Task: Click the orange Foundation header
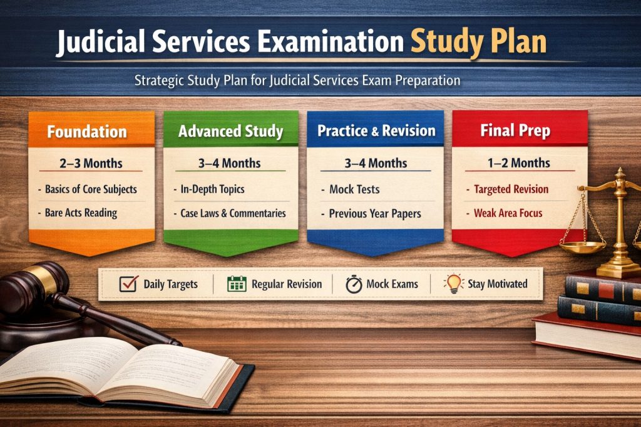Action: (x=87, y=132)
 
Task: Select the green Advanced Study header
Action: (x=230, y=132)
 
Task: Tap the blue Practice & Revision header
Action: (x=376, y=131)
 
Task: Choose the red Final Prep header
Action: (x=515, y=131)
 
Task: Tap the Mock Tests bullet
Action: (x=354, y=189)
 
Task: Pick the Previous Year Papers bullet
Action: (x=375, y=213)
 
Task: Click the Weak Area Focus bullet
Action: (x=508, y=213)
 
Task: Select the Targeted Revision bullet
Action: (x=511, y=189)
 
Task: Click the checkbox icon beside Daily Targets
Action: (x=128, y=284)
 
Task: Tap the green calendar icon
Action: (x=237, y=284)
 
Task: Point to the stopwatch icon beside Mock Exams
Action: (x=354, y=284)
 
